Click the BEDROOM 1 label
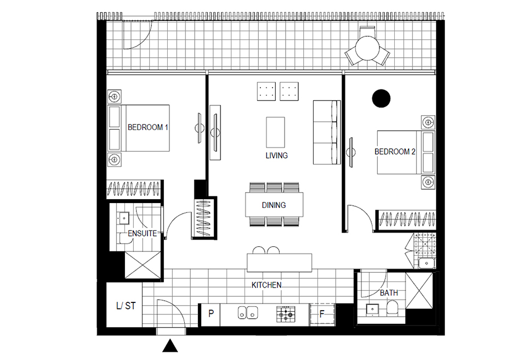(x=148, y=127)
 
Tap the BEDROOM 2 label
(x=395, y=151)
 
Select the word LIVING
(x=276, y=155)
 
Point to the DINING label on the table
(x=274, y=205)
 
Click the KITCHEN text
(x=266, y=285)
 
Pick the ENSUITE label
(x=142, y=233)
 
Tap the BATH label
(x=389, y=292)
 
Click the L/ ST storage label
(x=126, y=306)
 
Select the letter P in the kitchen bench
(x=211, y=313)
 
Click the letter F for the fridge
(x=322, y=314)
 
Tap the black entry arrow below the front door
(x=170, y=346)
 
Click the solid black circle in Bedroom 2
(x=382, y=98)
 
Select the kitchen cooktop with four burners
(x=286, y=314)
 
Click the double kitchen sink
(x=248, y=313)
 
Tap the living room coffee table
(x=275, y=132)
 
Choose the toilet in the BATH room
(x=392, y=307)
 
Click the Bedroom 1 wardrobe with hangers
(x=134, y=189)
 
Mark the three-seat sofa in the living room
(x=327, y=132)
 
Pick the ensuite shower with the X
(x=143, y=265)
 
